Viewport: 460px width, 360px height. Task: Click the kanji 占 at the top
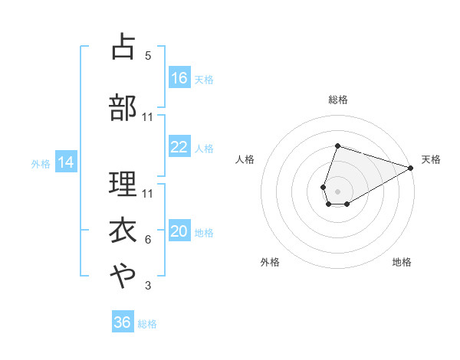click(x=123, y=47)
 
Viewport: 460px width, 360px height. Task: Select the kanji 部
click(x=123, y=107)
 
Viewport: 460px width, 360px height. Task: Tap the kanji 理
click(x=123, y=185)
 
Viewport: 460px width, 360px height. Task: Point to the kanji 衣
click(x=123, y=231)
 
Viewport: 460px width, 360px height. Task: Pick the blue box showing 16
click(x=179, y=78)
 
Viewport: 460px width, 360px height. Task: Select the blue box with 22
click(x=179, y=147)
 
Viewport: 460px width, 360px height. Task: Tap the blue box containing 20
click(x=179, y=232)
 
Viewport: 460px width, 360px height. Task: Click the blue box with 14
click(x=65, y=162)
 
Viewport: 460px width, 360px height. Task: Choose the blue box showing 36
click(x=123, y=322)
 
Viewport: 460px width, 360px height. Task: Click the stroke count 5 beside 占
click(x=148, y=56)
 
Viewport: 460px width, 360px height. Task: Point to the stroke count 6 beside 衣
click(x=148, y=240)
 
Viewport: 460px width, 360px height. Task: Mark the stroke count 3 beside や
click(x=148, y=286)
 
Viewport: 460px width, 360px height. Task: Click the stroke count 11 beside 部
click(x=148, y=117)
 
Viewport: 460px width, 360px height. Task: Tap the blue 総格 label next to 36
click(x=147, y=324)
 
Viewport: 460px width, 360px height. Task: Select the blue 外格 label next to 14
click(x=40, y=163)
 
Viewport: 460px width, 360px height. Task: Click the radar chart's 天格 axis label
click(x=431, y=159)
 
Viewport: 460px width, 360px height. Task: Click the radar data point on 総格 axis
click(x=337, y=146)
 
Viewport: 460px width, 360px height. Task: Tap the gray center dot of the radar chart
click(x=337, y=190)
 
